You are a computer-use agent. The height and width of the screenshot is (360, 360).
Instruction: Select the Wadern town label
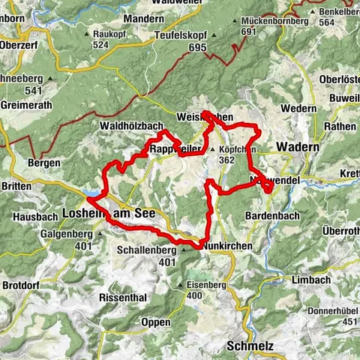(298, 147)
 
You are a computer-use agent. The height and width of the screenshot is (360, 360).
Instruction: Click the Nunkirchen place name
(228, 244)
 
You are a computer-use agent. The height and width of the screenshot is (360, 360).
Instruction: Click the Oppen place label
(156, 322)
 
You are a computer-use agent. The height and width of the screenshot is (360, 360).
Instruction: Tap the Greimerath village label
(27, 105)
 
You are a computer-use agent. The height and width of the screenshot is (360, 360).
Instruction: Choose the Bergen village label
(43, 162)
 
